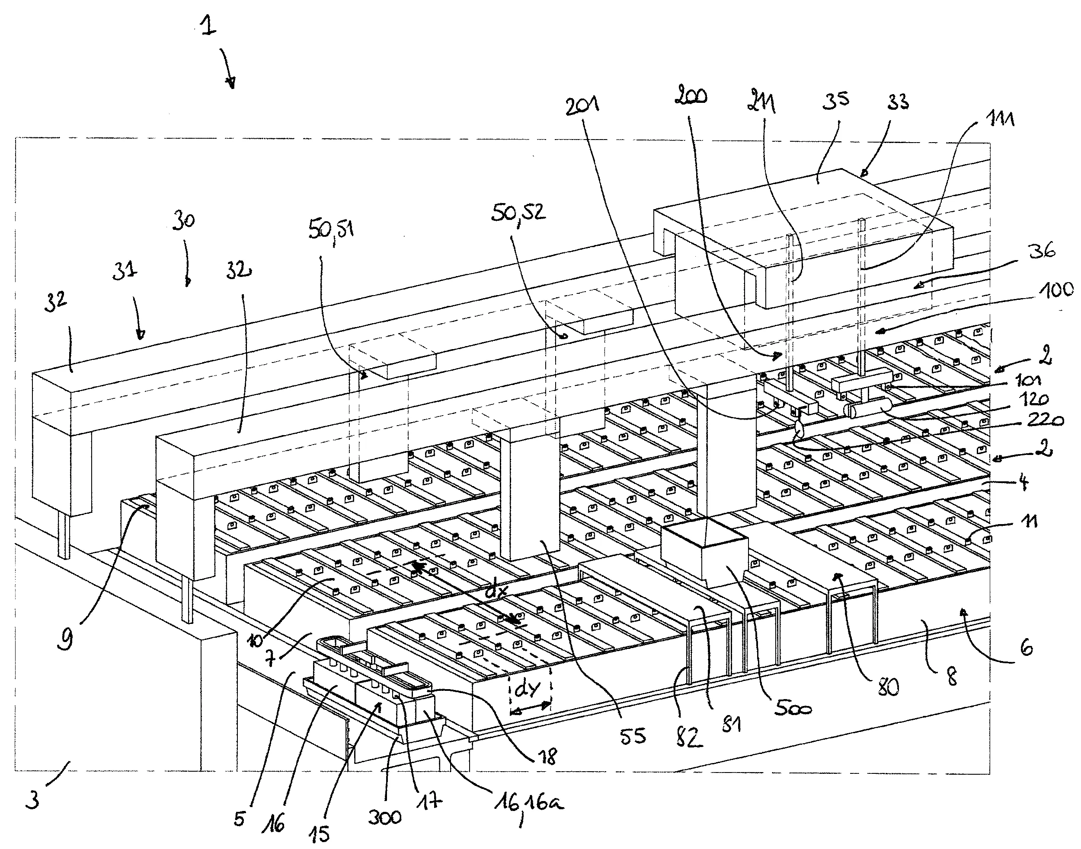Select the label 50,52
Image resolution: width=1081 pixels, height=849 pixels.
[518, 212]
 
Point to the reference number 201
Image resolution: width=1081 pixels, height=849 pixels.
[582, 105]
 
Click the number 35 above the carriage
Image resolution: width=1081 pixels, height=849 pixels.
[835, 100]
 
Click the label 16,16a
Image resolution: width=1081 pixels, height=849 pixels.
[529, 802]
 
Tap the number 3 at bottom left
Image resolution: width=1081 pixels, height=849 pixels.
[33, 800]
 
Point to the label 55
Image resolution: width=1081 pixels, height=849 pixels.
[633, 736]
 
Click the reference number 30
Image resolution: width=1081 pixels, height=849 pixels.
[184, 220]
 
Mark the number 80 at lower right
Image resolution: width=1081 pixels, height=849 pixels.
[888, 687]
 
